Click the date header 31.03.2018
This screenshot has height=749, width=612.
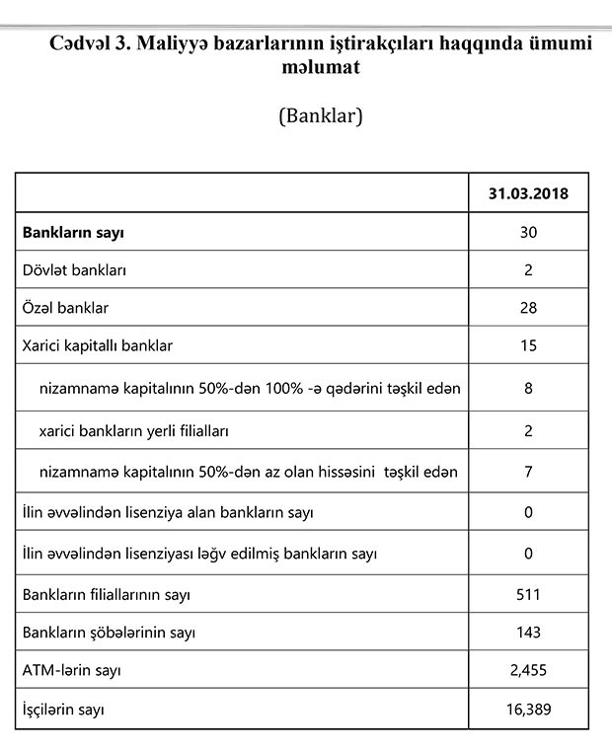tap(527, 194)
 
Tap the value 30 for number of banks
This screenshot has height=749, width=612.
tap(527, 234)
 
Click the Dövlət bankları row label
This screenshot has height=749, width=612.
tap(74, 269)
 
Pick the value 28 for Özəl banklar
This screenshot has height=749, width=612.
tap(527, 308)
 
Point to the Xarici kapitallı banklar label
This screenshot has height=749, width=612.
tap(97, 345)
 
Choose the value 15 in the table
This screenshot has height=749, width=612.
tap(527, 345)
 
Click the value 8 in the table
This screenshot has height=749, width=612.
tap(528, 388)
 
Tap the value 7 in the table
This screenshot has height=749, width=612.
tap(528, 472)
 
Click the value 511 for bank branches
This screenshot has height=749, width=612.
tap(527, 595)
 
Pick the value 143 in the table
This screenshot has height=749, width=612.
tap(527, 633)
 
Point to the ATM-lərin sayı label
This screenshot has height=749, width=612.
tap(72, 671)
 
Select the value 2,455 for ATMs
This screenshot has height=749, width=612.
tap(527, 671)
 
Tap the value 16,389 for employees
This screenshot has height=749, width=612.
tap(527, 709)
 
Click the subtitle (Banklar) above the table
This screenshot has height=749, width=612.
tap(321, 115)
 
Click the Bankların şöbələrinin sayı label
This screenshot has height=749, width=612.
tap(109, 633)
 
